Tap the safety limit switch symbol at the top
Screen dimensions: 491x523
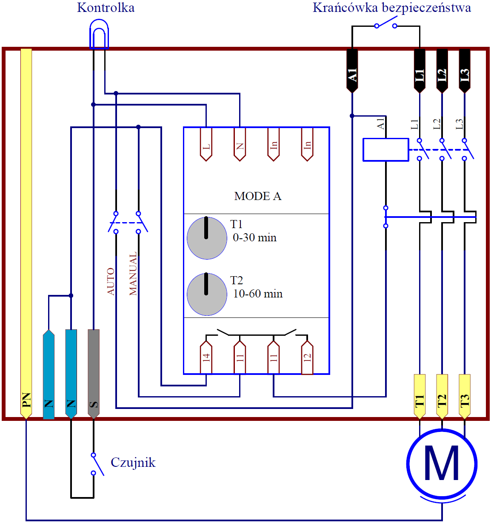pos(385,23)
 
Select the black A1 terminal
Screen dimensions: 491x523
pos(352,71)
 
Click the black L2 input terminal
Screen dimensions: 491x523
pos(442,71)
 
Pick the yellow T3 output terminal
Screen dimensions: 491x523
pos(464,397)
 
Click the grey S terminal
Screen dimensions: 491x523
pos(94,374)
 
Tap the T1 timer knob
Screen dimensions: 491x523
pos(207,238)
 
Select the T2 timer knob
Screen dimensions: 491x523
pos(207,294)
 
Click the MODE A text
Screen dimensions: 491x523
pos(257,196)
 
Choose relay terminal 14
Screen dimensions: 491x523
pos(206,357)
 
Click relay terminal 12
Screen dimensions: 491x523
pos(307,357)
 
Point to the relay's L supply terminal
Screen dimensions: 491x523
pos(206,144)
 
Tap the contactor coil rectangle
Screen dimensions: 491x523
pos(385,149)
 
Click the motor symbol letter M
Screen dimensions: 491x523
pos(442,463)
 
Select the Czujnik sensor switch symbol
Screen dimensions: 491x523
pos(97,464)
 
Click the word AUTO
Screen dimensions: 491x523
pos(111,281)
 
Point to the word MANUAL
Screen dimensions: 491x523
pos(133,273)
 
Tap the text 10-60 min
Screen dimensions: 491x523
pos(258,294)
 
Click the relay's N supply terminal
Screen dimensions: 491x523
pos(240,144)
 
